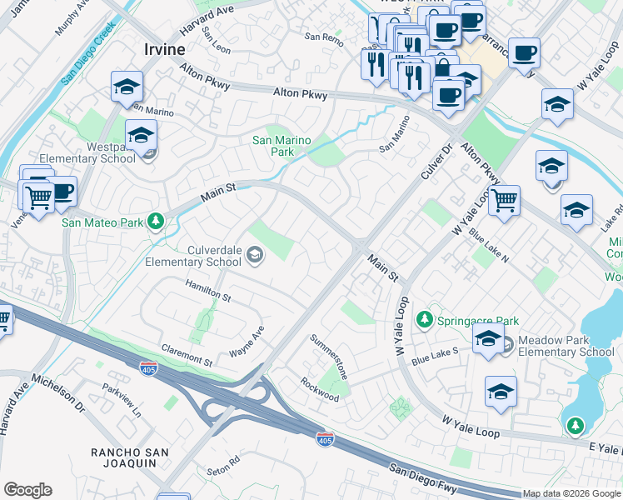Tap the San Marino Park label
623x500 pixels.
click(285, 147)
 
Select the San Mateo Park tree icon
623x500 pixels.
click(154, 222)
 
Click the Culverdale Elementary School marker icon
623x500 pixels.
click(256, 255)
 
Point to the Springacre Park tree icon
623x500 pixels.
click(425, 320)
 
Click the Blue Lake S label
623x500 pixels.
click(435, 356)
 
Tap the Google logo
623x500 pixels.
click(27, 490)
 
